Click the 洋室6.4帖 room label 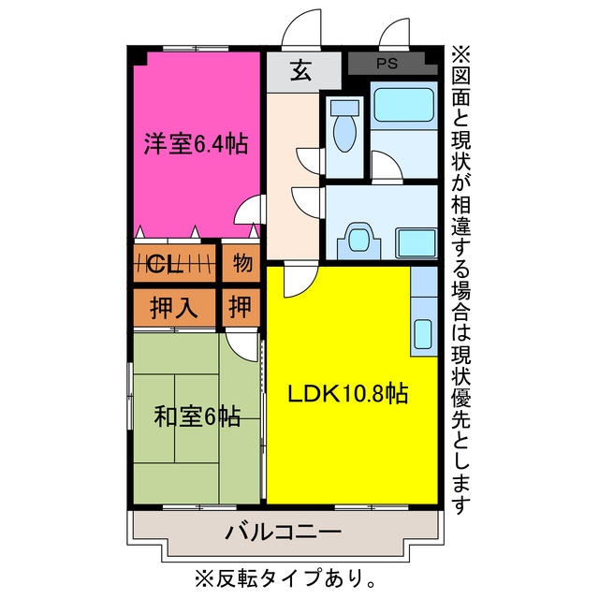(196, 143)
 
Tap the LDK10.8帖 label (347, 393)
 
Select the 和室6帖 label (197, 416)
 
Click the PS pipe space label (387, 64)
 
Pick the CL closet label (164, 264)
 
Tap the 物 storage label (242, 263)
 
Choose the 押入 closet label (174, 308)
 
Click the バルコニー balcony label (283, 532)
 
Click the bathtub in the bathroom (403, 105)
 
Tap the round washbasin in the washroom (359, 240)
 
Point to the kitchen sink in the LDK (423, 334)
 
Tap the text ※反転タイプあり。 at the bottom (285, 578)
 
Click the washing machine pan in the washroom (416, 243)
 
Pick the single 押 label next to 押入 (241, 307)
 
